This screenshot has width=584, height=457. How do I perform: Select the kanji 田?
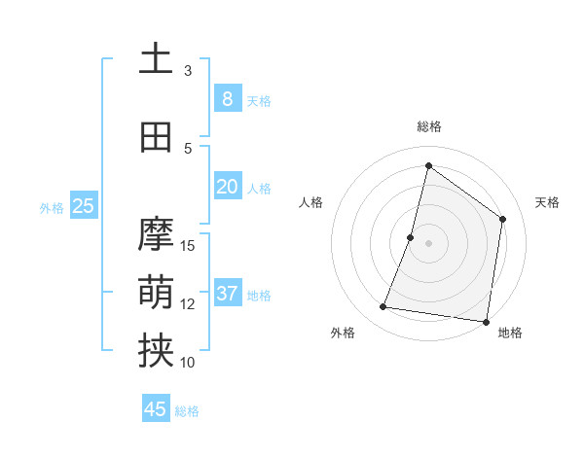pyautogui.click(x=156, y=137)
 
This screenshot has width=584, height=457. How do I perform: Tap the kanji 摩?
pyautogui.click(x=156, y=234)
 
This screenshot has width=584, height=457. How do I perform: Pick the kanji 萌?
pyautogui.click(x=156, y=291)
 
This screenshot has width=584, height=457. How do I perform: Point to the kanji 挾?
pyautogui.click(x=156, y=351)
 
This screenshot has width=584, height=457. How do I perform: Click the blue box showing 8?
pyautogui.click(x=227, y=99)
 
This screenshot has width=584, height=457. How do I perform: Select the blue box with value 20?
pyautogui.click(x=227, y=187)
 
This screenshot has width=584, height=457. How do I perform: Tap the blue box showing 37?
pyautogui.click(x=227, y=294)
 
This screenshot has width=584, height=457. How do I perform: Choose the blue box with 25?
pyautogui.click(x=83, y=205)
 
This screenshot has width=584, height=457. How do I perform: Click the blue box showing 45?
pyautogui.click(x=156, y=409)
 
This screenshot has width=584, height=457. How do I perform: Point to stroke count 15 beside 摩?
pyautogui.click(x=189, y=245)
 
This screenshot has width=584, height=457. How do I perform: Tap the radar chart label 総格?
pyautogui.click(x=428, y=126)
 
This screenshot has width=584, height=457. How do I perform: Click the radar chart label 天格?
pyautogui.click(x=547, y=202)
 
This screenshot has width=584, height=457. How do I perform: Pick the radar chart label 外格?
pyautogui.click(x=343, y=333)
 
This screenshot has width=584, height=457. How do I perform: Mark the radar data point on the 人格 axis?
pyautogui.click(x=411, y=237)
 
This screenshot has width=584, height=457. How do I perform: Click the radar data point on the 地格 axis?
pyautogui.click(x=486, y=321)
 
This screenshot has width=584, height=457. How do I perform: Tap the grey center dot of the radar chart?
pyautogui.click(x=428, y=243)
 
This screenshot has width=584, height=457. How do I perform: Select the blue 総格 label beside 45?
pyautogui.click(x=187, y=411)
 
